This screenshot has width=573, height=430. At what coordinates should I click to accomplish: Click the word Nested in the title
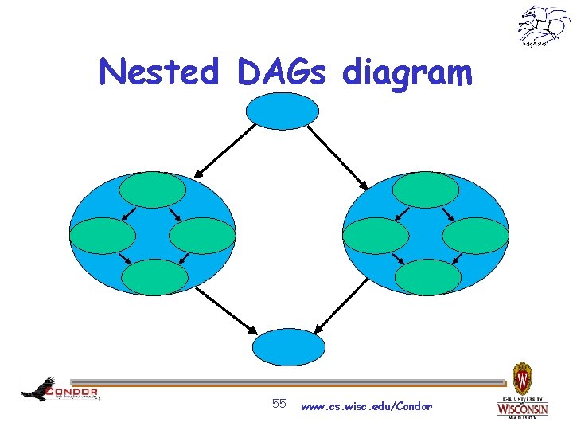click(x=158, y=73)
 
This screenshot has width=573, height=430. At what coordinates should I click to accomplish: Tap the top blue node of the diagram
click(x=282, y=111)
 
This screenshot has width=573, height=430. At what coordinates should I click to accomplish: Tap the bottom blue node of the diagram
click(x=288, y=347)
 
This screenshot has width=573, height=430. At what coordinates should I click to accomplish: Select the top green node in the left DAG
click(x=153, y=190)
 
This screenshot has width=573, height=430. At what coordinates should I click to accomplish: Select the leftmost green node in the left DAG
click(x=103, y=236)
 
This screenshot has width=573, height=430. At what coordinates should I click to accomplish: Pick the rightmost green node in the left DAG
click(x=203, y=236)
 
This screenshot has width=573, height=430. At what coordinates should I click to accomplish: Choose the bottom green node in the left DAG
click(x=154, y=277)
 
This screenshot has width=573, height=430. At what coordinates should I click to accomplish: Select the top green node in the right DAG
click(x=426, y=190)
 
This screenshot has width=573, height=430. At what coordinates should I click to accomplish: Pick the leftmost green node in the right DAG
click(x=376, y=236)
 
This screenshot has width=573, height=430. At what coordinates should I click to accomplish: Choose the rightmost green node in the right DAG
click(x=475, y=236)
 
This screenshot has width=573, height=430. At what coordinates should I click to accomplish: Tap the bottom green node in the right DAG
click(x=428, y=277)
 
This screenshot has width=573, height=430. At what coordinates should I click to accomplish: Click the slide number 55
click(x=279, y=404)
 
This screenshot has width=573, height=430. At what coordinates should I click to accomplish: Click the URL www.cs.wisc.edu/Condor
click(x=367, y=406)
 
